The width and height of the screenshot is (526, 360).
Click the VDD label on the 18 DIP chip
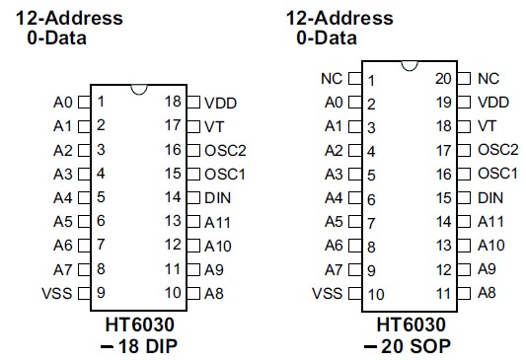pos(221,102)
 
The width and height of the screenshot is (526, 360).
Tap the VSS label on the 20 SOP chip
pos(328,293)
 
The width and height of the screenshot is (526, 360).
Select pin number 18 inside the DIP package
pos(173,102)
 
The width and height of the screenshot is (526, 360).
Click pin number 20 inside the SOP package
pos(443,78)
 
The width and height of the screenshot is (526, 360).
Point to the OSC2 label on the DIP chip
pos(224,149)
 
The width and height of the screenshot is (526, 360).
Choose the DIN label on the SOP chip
pos(490,197)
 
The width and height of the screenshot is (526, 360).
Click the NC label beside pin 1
pos(332,78)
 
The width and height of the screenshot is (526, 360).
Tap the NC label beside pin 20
pos(488,78)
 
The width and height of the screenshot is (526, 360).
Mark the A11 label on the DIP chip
pos(218,221)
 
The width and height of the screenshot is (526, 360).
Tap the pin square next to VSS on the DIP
pos(84,293)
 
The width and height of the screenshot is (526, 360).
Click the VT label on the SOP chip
pos(487,125)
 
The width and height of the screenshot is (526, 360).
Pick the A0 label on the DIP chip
pos(63,102)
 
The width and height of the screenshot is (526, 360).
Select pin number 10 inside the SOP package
pos(375,294)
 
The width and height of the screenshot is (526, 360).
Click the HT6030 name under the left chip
pos(140,324)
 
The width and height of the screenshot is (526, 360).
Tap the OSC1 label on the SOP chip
pos(497,173)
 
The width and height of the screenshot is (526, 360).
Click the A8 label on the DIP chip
pos(214,293)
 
